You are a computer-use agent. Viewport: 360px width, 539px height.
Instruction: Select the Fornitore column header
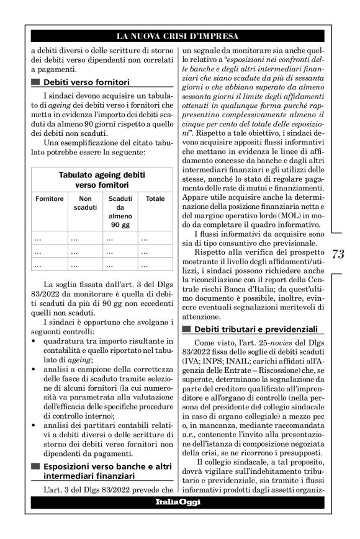point(50,198)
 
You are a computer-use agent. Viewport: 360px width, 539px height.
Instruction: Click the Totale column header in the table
point(155,198)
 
